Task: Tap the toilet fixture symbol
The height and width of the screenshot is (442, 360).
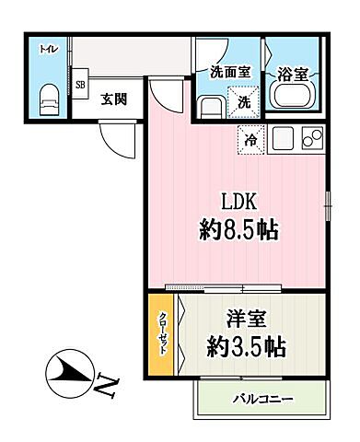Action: [51, 97]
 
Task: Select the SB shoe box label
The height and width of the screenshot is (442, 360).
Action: [80, 86]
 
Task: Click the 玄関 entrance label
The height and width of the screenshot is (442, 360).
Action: [113, 99]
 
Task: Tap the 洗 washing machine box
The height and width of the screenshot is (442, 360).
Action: [244, 102]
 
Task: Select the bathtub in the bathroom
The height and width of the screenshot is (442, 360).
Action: [293, 97]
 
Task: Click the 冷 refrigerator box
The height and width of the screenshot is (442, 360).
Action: [251, 141]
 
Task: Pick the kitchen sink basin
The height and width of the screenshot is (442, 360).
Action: [283, 140]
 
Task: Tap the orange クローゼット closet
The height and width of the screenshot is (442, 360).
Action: [160, 334]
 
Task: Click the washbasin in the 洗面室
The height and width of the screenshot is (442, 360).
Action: [209, 106]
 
